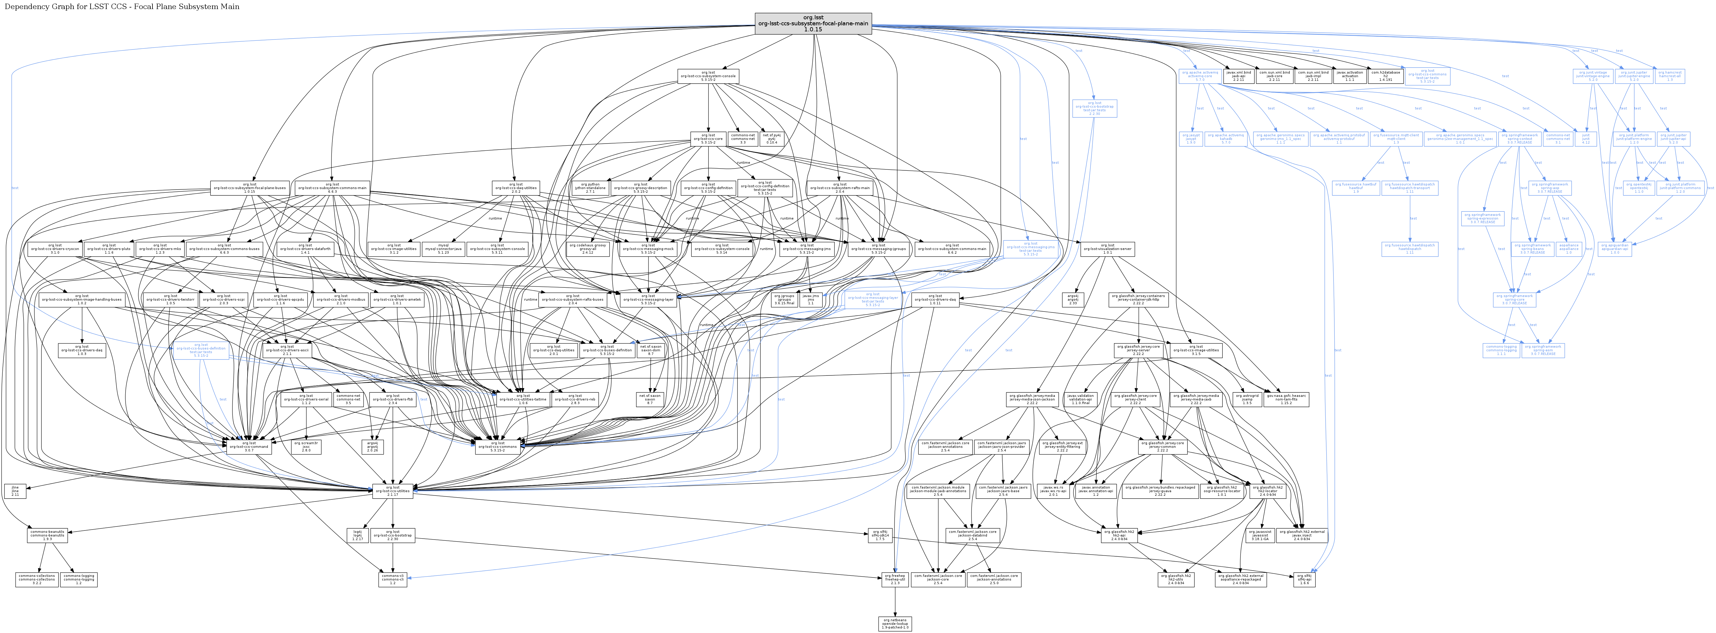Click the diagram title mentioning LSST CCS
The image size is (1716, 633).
point(122,7)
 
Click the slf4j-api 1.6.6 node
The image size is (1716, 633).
point(1304,579)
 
